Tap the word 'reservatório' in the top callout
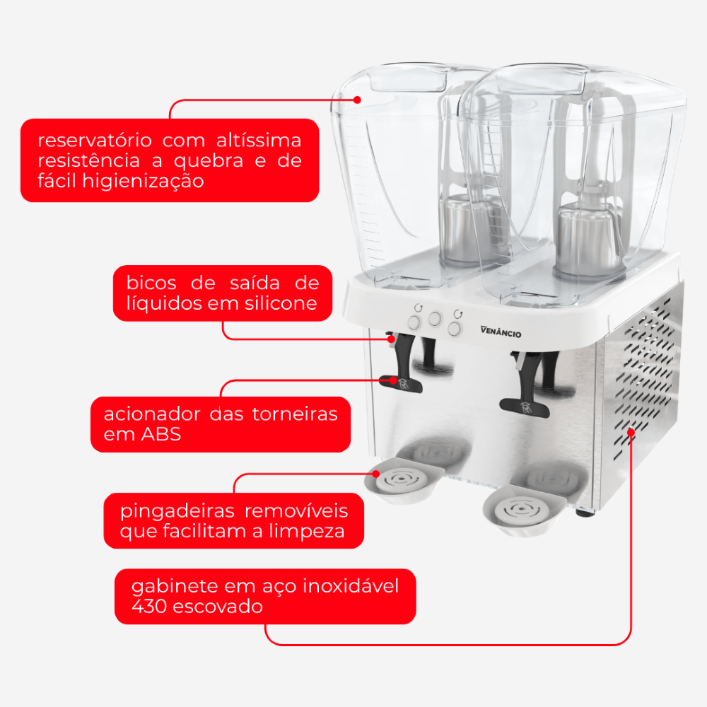click(x=95, y=140)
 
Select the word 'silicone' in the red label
click(x=281, y=303)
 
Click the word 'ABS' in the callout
click(x=161, y=434)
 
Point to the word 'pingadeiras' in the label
click(x=177, y=512)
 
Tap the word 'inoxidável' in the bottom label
click(x=351, y=585)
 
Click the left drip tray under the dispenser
click(x=404, y=479)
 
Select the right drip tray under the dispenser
click(x=523, y=510)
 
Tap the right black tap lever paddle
click(x=525, y=407)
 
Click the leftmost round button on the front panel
click(x=414, y=322)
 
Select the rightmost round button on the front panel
click(x=455, y=328)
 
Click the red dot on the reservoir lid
click(x=357, y=100)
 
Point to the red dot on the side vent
click(x=631, y=432)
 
